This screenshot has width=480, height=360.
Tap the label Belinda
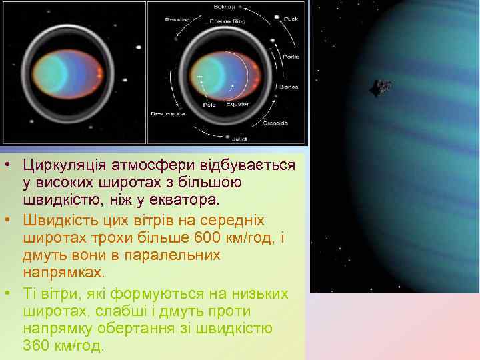pos(223,7)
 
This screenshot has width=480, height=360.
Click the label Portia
pos(291,57)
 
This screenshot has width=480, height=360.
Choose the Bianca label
pos(289,87)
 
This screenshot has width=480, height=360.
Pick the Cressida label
pos(275,124)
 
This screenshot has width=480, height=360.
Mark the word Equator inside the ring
pos(236,104)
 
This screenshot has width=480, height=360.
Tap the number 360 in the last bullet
pos(36,346)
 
